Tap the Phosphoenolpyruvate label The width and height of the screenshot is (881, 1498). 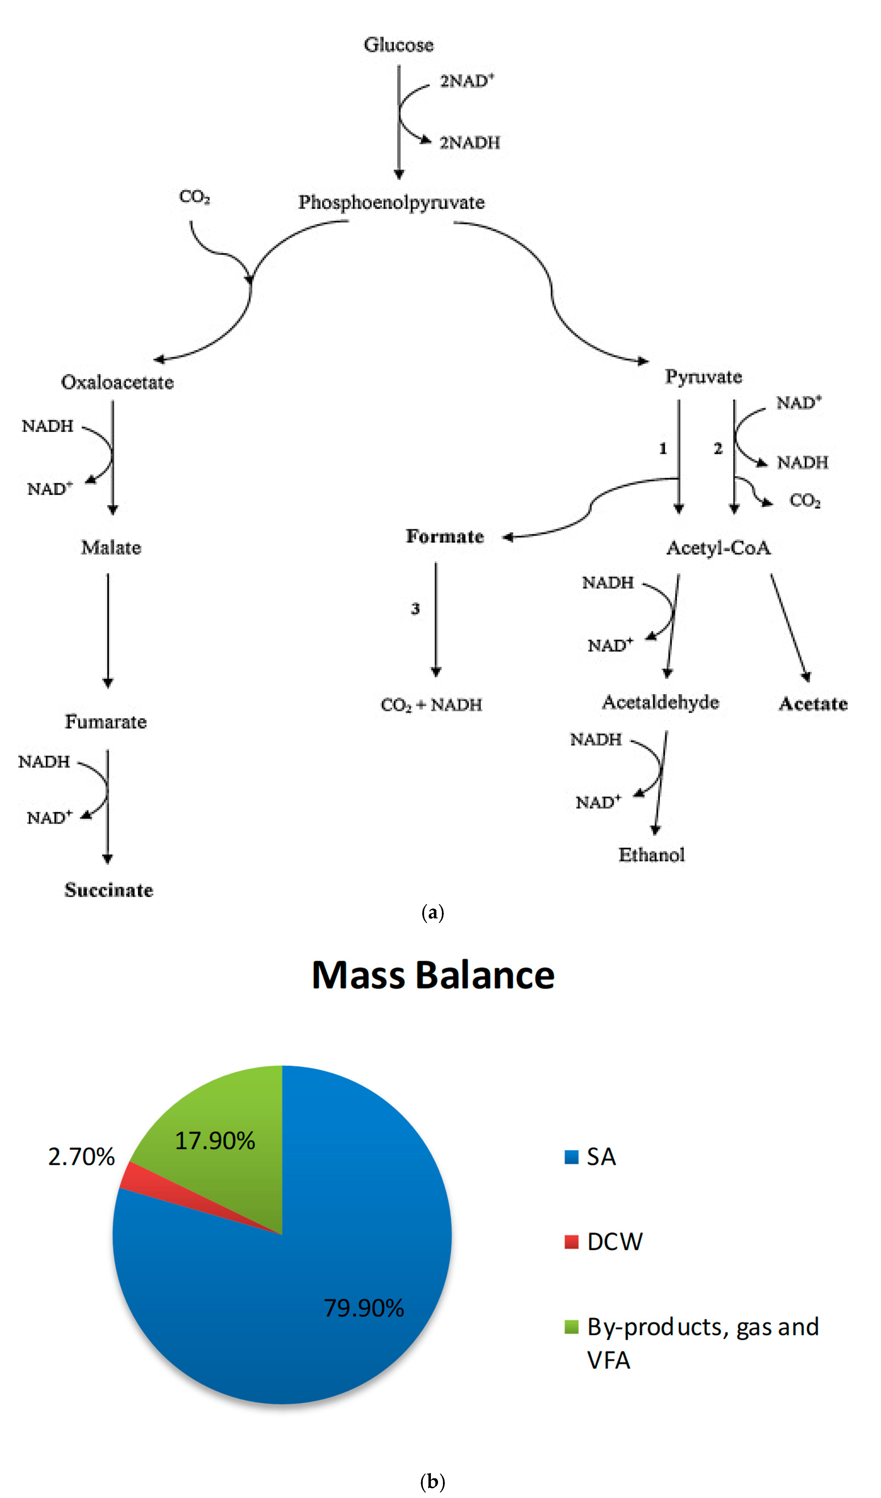coord(391,203)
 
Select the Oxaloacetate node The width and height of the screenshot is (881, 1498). coord(118,382)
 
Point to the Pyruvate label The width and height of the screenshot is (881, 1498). coord(703,377)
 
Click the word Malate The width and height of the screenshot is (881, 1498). coord(111,548)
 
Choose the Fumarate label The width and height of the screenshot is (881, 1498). coord(106,722)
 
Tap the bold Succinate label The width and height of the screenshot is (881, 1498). coord(109,890)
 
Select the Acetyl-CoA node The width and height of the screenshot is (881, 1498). coord(719,548)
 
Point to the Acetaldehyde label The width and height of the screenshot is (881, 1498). coord(660,703)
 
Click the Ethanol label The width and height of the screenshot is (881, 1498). coord(652,855)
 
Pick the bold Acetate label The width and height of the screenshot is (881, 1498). coord(813,704)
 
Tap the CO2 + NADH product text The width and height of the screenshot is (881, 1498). coord(431,705)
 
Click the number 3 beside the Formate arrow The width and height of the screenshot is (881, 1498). coord(415,609)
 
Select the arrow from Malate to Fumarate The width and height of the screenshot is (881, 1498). coord(108,630)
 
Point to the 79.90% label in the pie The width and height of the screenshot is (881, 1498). coord(364,1308)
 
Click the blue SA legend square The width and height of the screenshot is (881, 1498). coord(571,1157)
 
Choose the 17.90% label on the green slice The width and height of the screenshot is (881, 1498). coord(215,1141)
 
